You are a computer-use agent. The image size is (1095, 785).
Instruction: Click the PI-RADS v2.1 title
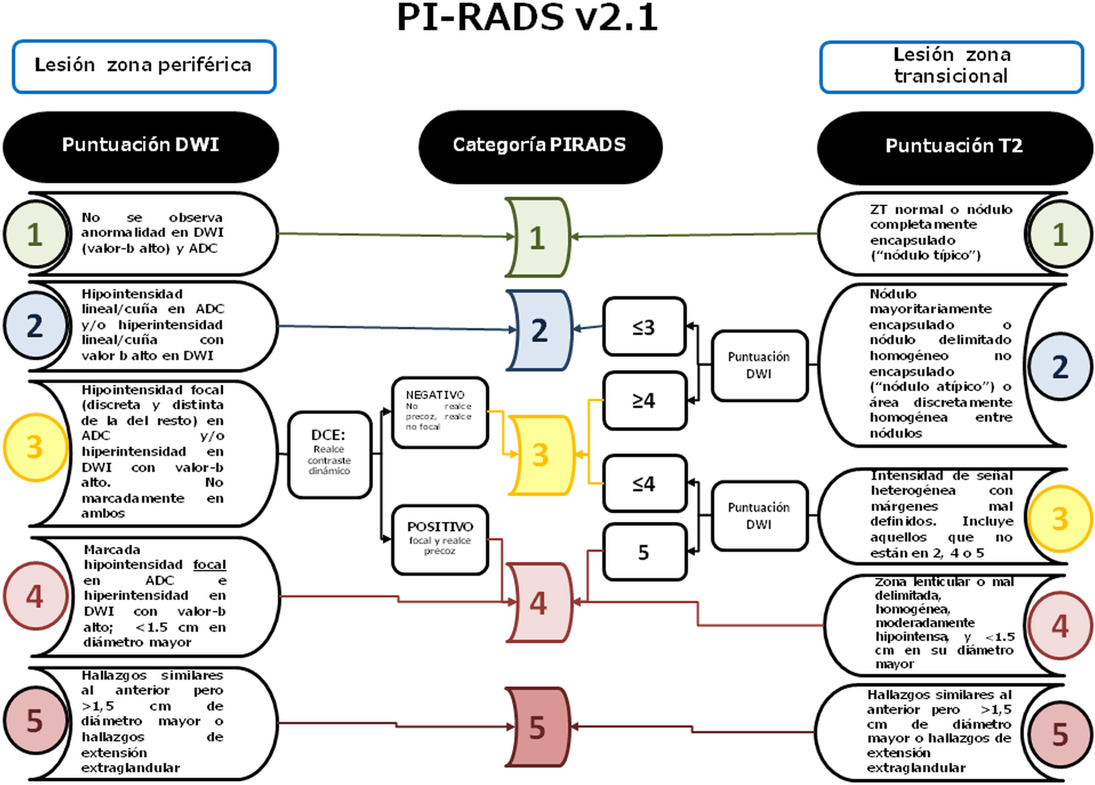(x=527, y=17)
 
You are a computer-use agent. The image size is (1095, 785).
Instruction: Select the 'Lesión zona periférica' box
(x=144, y=67)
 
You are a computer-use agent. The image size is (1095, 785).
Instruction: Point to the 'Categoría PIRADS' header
(x=540, y=147)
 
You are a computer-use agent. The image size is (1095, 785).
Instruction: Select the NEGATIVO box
(x=440, y=412)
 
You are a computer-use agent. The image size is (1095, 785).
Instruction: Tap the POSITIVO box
(x=440, y=540)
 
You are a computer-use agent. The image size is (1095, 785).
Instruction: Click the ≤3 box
(x=644, y=326)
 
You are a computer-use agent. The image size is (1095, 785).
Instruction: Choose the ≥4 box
(x=644, y=400)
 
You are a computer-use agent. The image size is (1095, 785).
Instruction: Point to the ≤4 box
(x=644, y=483)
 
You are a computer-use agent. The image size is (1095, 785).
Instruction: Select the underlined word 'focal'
(x=209, y=565)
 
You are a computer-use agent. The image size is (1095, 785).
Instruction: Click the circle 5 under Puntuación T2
(x=1060, y=734)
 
